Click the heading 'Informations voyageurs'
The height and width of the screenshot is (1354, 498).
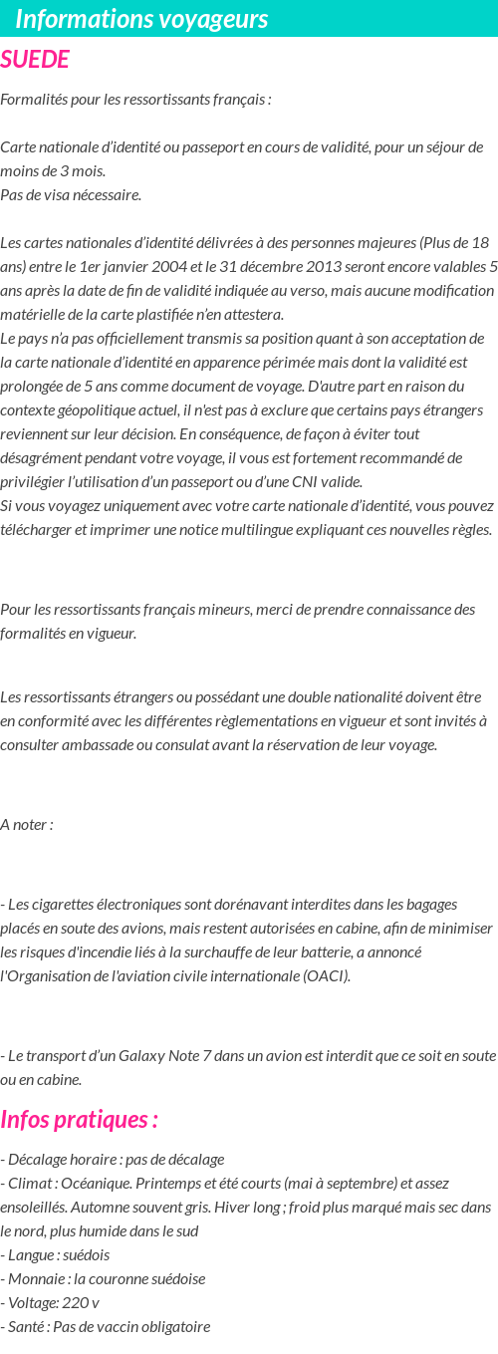click(x=141, y=19)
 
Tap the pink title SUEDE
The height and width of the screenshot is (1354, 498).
click(x=35, y=60)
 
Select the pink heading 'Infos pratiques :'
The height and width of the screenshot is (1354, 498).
click(x=80, y=1119)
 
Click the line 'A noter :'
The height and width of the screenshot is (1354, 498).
click(x=27, y=824)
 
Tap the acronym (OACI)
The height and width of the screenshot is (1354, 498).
click(x=326, y=975)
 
